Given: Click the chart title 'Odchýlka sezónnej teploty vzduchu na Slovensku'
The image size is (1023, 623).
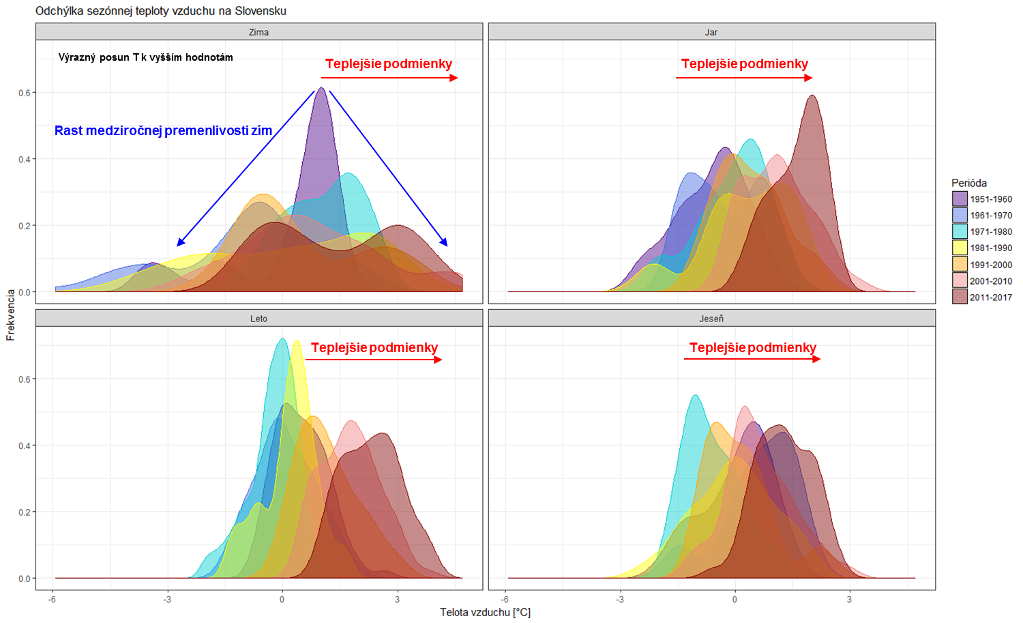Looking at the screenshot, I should [161, 11].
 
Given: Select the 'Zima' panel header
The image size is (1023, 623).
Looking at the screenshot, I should [258, 32].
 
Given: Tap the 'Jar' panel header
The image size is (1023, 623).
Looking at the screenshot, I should [711, 32].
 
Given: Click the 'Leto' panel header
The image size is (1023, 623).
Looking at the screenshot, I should [258, 319].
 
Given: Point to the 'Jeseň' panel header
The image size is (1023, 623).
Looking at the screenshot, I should [711, 319].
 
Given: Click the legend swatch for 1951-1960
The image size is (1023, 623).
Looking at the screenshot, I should [960, 199].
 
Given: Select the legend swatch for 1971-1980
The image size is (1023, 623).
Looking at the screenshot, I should [960, 232].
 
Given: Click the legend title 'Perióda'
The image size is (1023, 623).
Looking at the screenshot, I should [969, 183].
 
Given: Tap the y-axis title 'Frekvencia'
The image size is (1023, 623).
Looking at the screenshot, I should [10, 315].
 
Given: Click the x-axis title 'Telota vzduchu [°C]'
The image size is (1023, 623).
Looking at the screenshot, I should [485, 612].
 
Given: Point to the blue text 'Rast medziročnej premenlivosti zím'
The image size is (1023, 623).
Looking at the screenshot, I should [163, 131].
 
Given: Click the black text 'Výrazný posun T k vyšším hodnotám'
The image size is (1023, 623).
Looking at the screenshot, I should [145, 57].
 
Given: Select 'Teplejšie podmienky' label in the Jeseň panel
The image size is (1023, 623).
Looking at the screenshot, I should [752, 347].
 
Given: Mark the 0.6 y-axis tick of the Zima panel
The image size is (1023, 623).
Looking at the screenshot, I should [25, 93].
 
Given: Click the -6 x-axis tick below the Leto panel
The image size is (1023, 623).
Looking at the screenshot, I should [52, 600].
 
